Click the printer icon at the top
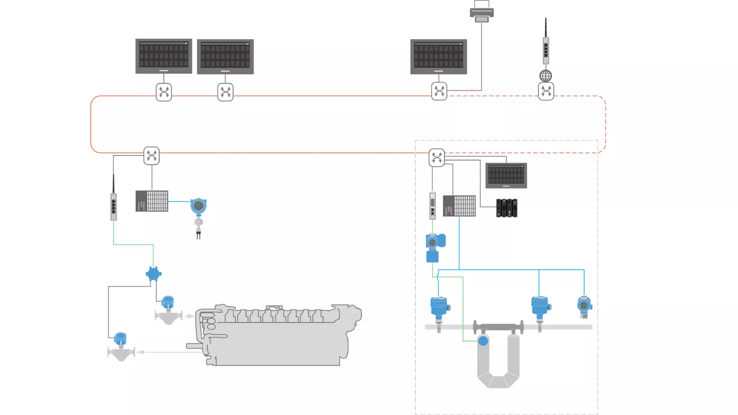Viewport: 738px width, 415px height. coord(482,12)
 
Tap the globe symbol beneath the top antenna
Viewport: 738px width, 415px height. coord(545,76)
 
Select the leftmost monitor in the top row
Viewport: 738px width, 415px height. coord(164,56)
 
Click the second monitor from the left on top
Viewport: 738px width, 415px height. coord(225,56)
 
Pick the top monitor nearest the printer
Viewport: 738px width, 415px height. coord(439,56)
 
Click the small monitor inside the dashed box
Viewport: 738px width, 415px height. coord(506,176)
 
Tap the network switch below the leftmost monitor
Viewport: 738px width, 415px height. coord(164,92)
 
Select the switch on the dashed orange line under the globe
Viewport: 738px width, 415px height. coord(546,91)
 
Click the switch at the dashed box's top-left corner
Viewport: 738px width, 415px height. coord(437,158)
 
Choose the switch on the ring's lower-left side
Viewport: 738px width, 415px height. coord(151,156)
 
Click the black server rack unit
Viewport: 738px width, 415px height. coord(507,208)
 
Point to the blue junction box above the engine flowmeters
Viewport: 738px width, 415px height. coord(153,274)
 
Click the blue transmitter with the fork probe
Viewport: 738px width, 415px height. coord(198,207)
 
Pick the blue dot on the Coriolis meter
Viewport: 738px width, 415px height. coord(483,341)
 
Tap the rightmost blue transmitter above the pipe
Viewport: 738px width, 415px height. coord(584,306)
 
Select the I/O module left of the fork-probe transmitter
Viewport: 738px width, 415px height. coord(152,201)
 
